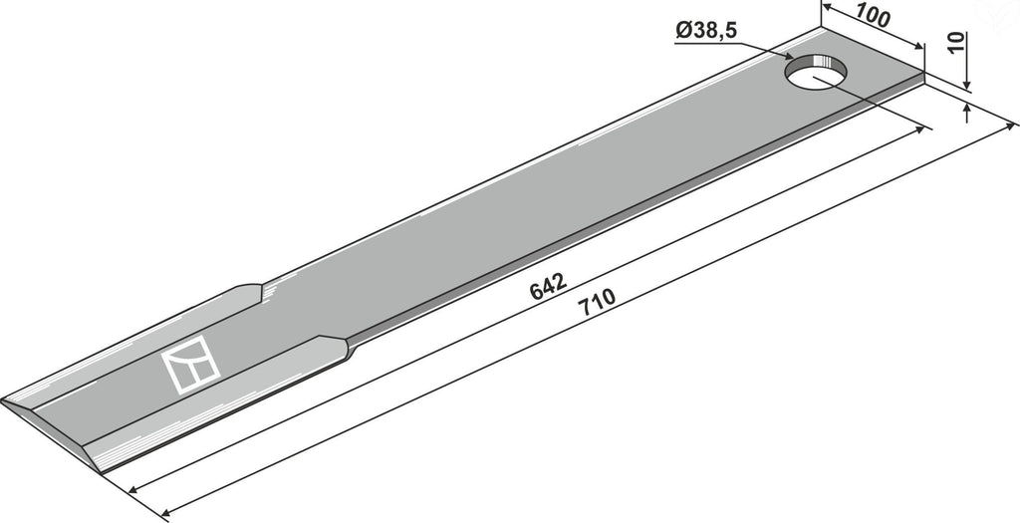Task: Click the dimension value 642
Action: click(x=549, y=287)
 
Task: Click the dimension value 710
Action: click(x=596, y=303)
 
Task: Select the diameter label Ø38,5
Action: click(x=706, y=31)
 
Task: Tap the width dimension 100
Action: click(x=873, y=16)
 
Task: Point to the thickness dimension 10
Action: click(x=955, y=43)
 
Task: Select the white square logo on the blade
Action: click(x=190, y=365)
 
